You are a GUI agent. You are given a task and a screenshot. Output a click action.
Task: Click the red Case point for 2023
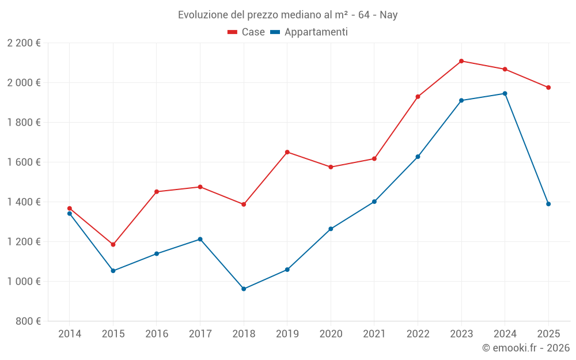point(461,61)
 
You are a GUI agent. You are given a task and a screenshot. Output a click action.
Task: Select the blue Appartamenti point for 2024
point(505,93)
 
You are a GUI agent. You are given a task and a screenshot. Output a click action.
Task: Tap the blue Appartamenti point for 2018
point(244,289)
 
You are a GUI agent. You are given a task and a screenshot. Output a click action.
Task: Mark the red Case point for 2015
point(113,245)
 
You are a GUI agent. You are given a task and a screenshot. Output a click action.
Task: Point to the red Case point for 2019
point(287,152)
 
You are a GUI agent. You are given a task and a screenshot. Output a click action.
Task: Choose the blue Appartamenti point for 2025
point(548,204)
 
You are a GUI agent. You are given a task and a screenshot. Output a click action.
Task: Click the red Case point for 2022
point(418,97)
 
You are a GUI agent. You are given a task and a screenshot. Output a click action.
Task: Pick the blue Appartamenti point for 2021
point(374,202)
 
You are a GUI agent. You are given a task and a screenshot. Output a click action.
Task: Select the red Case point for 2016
point(157,192)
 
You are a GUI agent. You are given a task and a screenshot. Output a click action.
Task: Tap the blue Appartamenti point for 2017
point(200,239)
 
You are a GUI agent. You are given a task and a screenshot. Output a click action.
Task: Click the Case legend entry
point(247,32)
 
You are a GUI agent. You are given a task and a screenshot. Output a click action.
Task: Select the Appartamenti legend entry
point(309,32)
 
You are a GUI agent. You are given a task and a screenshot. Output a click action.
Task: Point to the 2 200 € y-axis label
point(24,43)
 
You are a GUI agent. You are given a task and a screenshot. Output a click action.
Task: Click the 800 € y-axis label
point(28,321)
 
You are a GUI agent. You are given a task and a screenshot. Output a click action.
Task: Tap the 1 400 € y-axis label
point(24,202)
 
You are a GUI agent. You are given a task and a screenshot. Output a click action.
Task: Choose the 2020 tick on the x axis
point(331,334)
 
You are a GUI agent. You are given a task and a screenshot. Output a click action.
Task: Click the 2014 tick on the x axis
point(70,334)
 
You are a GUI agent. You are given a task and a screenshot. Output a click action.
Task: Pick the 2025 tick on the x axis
point(548,334)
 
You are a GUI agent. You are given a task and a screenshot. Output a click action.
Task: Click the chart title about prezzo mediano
point(288,15)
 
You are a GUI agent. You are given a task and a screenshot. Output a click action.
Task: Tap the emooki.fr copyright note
point(526,348)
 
